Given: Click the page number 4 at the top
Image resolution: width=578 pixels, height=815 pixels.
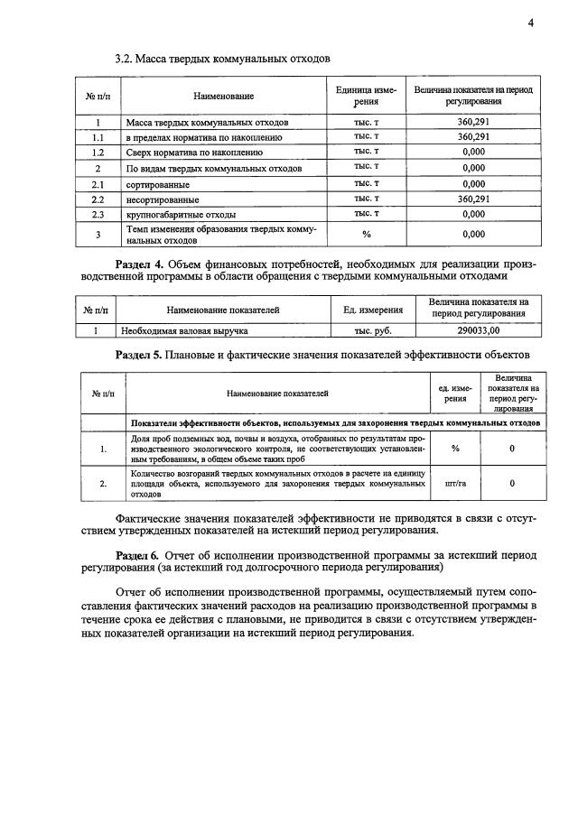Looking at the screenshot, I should point(531,23).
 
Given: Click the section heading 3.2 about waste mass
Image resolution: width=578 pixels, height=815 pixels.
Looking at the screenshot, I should point(222,59).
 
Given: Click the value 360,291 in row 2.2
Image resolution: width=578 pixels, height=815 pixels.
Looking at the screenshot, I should point(473,199).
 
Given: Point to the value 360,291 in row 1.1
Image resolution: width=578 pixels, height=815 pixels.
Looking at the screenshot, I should point(473,137).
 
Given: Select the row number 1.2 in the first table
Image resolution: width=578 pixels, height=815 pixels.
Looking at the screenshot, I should point(98,153).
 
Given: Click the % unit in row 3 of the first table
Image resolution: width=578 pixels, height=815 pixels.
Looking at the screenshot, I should point(367,235).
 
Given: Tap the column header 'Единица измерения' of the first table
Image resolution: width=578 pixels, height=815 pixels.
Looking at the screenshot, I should point(367,96).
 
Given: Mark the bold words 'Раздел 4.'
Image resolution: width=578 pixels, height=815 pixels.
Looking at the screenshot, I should point(145,264).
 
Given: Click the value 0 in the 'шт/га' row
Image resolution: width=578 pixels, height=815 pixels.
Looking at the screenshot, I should point(512,483).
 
